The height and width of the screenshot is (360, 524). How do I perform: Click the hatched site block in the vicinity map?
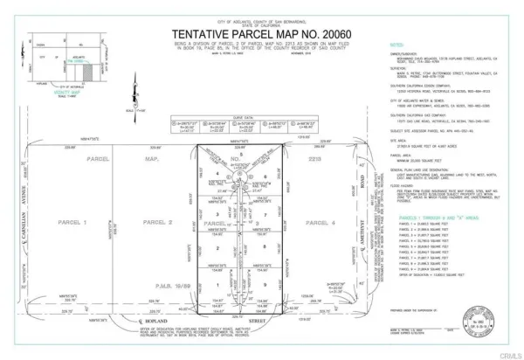pos(76,62)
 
